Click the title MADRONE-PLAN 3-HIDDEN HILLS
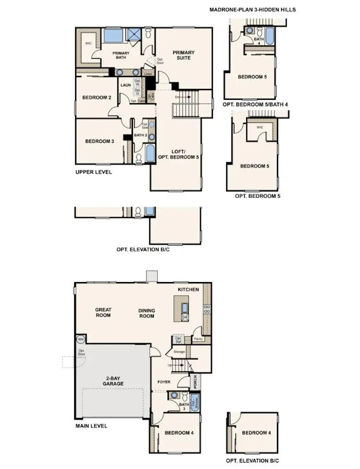tap(252, 9)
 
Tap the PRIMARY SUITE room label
tap(184, 55)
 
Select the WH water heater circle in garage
tap(81, 339)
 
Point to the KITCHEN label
tap(188, 290)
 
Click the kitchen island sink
tap(185, 308)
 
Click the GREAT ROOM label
tap(103, 313)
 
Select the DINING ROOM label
tap(147, 313)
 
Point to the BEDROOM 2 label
tap(97, 98)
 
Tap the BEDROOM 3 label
tap(100, 141)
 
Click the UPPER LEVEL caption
tap(93, 172)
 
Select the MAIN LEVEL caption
tap(91, 426)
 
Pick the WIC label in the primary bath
tap(88, 44)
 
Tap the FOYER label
tap(164, 382)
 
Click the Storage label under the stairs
tap(179, 352)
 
